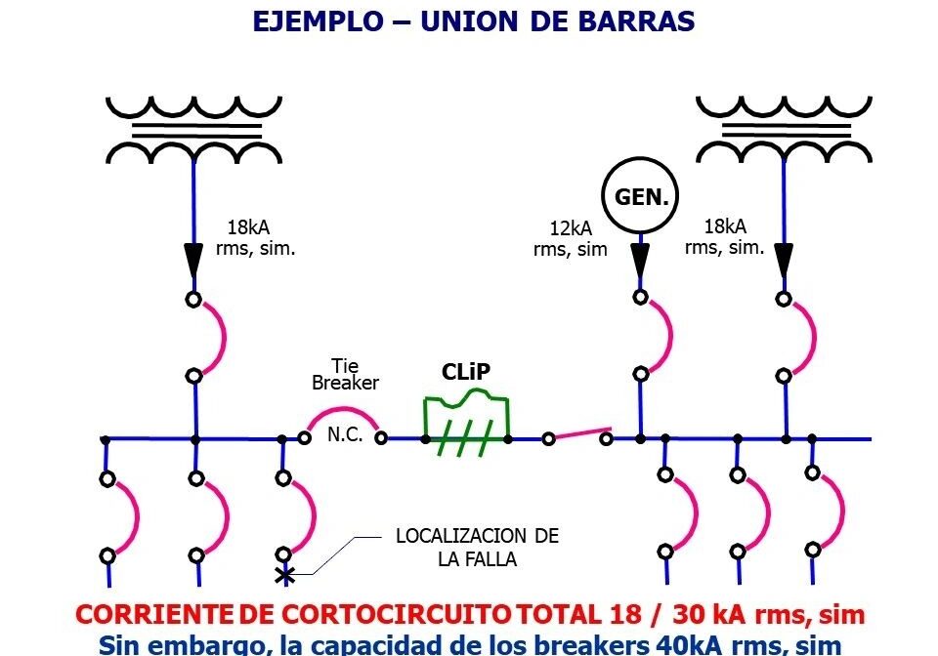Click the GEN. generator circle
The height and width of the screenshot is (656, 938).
point(640,197)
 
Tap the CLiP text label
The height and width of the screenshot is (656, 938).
point(465,372)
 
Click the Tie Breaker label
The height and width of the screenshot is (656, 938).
point(344,375)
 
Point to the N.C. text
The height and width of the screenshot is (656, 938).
point(345,435)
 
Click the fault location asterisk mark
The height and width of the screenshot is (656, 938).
point(284,575)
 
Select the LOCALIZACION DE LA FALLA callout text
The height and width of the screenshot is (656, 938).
point(477,548)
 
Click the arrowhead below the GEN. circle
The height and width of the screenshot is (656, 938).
point(640,261)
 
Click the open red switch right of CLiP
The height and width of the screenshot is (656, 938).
point(577,433)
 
